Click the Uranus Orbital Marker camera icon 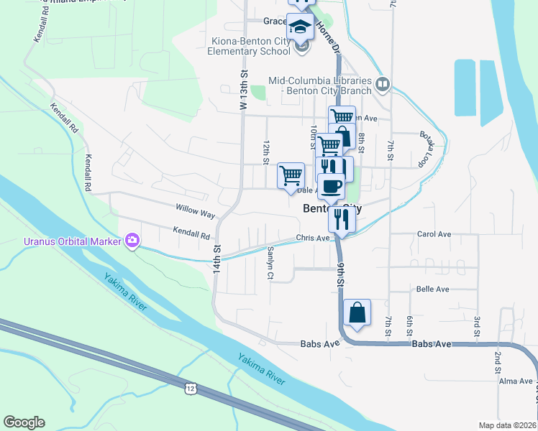[132, 240]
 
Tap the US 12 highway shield [191, 388]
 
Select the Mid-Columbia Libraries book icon [382, 84]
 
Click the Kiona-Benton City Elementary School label [247, 47]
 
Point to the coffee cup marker [331, 186]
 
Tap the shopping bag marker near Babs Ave [357, 313]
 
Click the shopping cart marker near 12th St [291, 175]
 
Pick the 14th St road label [216, 254]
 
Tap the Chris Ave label [312, 238]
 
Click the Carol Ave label [434, 234]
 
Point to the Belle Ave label [432, 289]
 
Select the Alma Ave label [516, 381]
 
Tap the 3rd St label [476, 325]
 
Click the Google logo [24, 422]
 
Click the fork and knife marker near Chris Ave [342, 219]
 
